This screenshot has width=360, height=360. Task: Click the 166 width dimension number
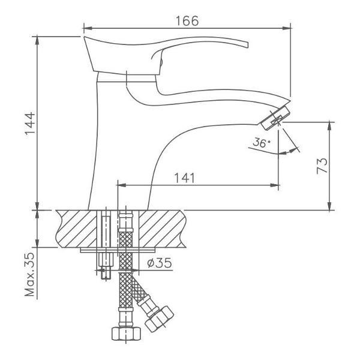[x=187, y=20]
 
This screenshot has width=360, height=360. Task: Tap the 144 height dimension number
[x=31, y=124]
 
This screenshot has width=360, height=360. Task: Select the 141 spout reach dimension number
[x=185, y=178]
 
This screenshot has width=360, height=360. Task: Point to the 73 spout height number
[x=322, y=166]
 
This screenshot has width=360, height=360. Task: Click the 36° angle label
[x=261, y=143]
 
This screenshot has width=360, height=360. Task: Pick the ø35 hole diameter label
[x=160, y=263]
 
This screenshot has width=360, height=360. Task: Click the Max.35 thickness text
[x=30, y=274]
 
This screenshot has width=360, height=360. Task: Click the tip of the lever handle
[x=247, y=45]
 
